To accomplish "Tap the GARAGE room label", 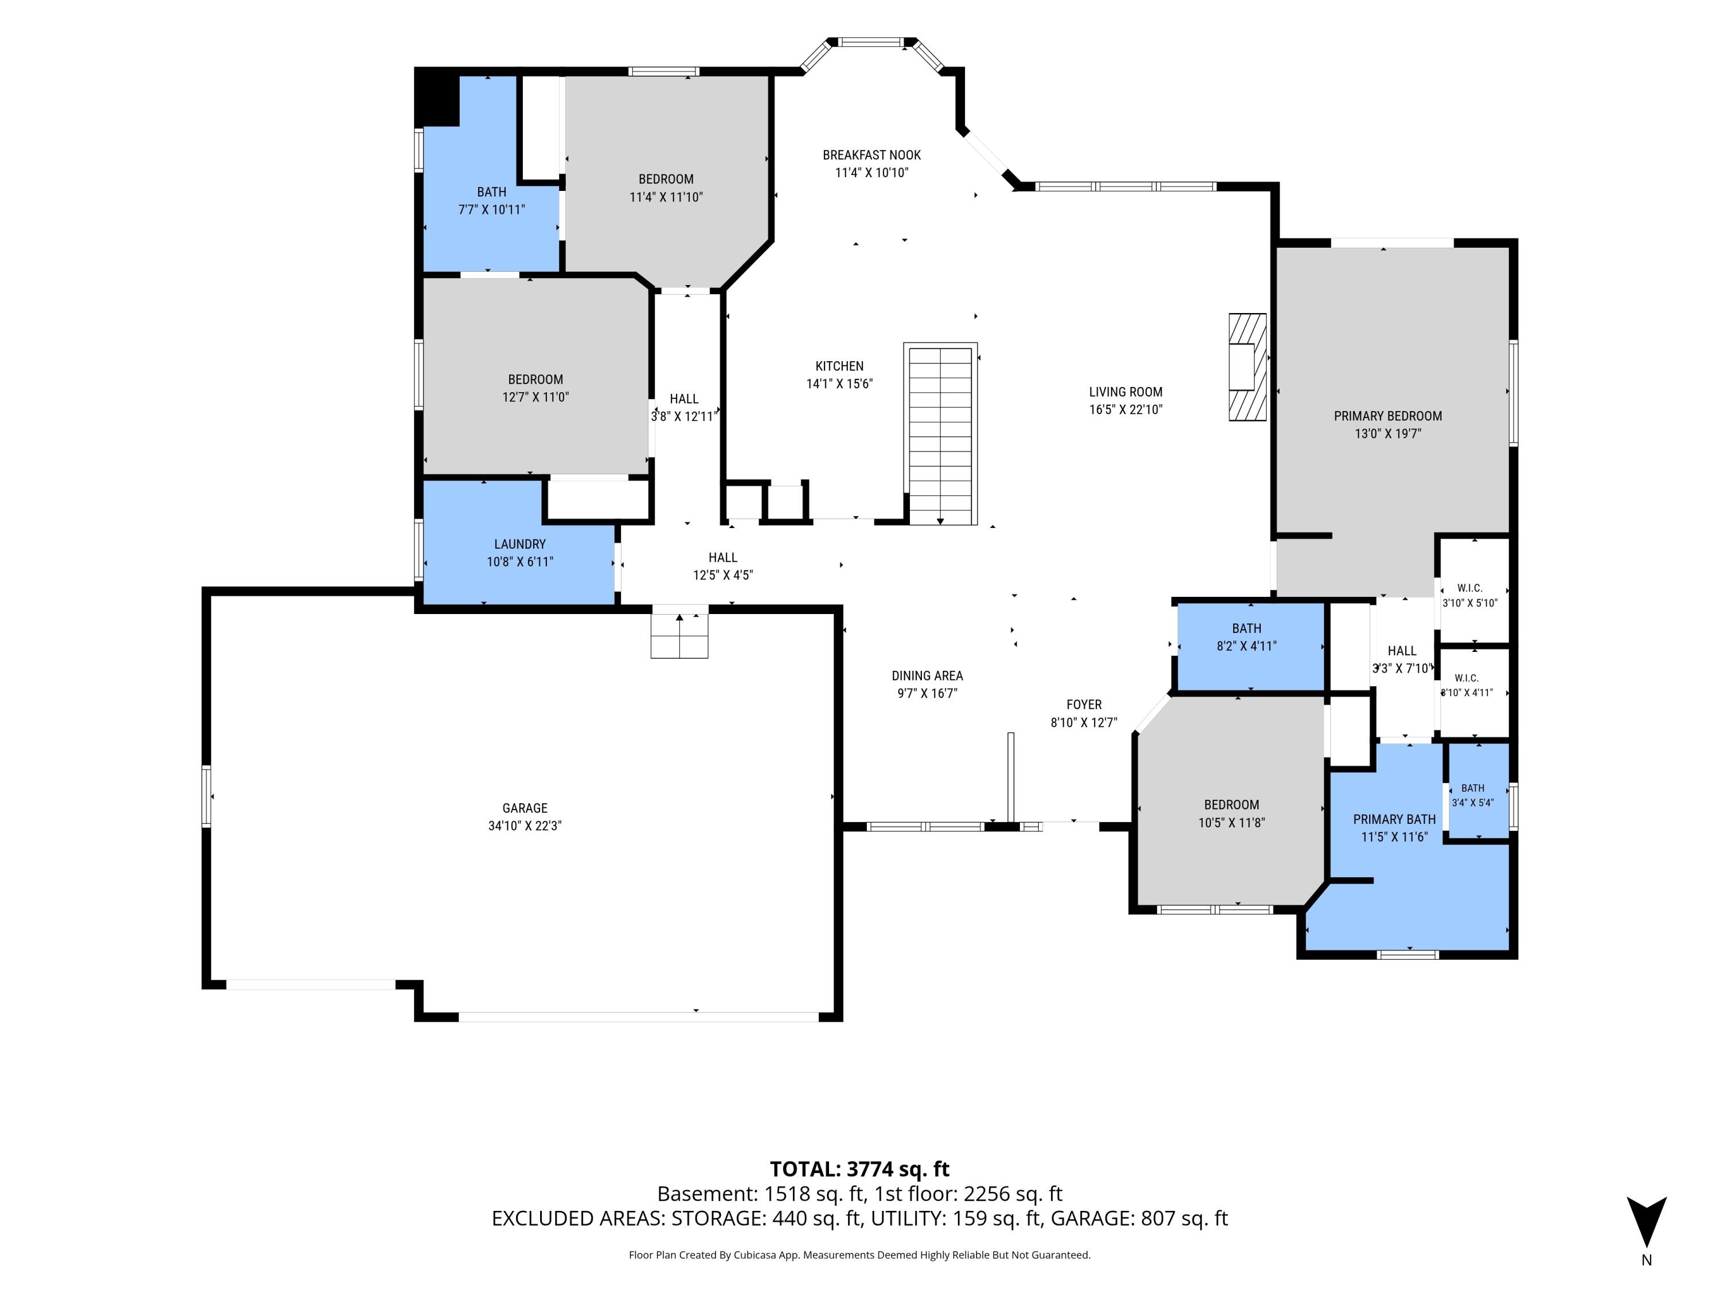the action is click(525, 808).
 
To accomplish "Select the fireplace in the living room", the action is click(1247, 367).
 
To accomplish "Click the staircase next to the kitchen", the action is click(940, 434).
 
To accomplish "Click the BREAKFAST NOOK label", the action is click(871, 155).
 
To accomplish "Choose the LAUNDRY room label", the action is click(520, 544).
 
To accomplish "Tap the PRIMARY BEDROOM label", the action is click(1388, 416).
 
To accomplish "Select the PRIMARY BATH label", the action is click(1394, 819).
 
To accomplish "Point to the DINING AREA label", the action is click(927, 677).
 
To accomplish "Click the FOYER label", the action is click(1084, 705).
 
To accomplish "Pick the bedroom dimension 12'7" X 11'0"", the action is click(535, 397).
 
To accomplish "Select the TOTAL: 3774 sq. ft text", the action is click(859, 1168).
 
